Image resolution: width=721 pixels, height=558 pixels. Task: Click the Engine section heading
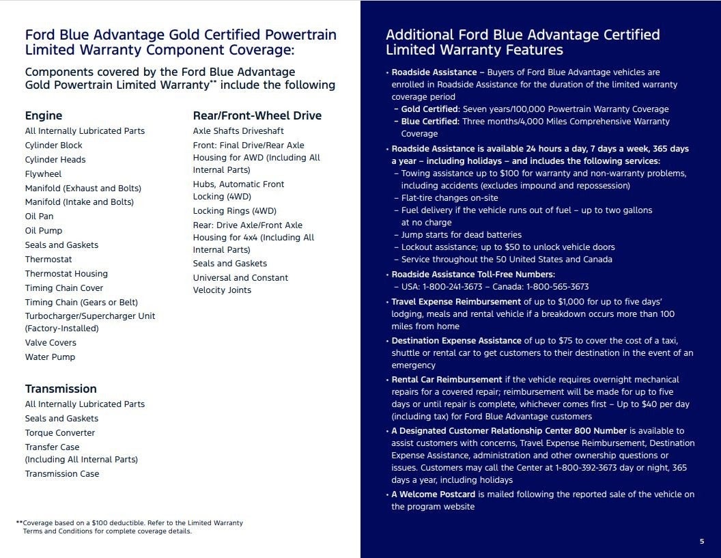(x=44, y=115)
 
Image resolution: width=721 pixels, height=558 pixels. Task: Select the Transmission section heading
(x=61, y=389)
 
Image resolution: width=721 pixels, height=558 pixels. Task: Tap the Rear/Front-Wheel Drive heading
(x=257, y=115)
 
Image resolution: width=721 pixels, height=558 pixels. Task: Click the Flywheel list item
(x=43, y=173)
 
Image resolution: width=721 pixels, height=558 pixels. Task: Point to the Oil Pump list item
(x=44, y=231)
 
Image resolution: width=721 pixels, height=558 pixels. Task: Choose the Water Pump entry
(x=50, y=357)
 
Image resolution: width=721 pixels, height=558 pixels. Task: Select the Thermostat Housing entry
(x=66, y=274)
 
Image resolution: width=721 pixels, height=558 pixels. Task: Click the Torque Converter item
(x=60, y=432)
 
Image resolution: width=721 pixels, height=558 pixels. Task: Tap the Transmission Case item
(x=62, y=474)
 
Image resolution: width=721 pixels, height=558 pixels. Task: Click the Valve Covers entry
(x=51, y=343)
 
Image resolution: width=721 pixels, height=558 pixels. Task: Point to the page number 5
(x=702, y=542)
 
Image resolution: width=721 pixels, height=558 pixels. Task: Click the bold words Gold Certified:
(x=430, y=109)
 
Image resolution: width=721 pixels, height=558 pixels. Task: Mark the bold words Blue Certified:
(x=430, y=122)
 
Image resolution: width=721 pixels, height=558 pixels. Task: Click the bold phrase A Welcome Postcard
(x=433, y=494)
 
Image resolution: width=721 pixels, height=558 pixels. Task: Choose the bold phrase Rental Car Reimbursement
(x=447, y=380)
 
